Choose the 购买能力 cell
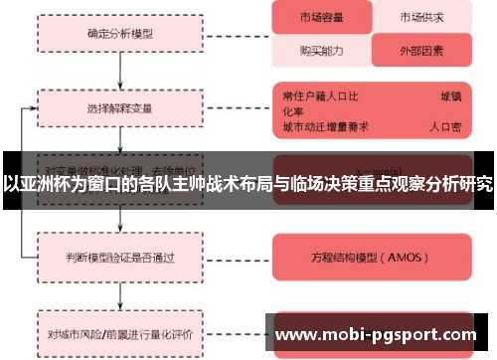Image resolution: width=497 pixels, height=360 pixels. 321,49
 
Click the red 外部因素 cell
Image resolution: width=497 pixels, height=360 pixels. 421,49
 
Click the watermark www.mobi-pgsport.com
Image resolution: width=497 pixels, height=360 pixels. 380,335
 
